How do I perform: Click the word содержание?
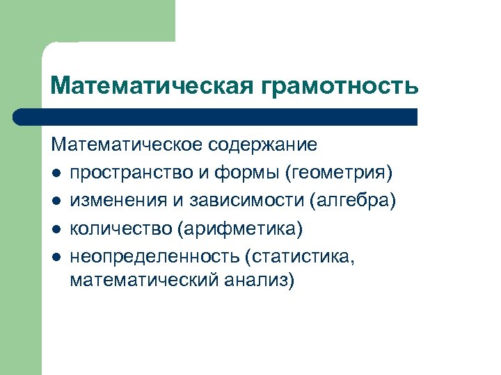pos(266,145)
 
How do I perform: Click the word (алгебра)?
pos(353,201)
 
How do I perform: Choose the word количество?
pos(119,228)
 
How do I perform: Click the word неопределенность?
pos(154,256)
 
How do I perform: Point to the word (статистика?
pos(300,256)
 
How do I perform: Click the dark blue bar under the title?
pos(216,117)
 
